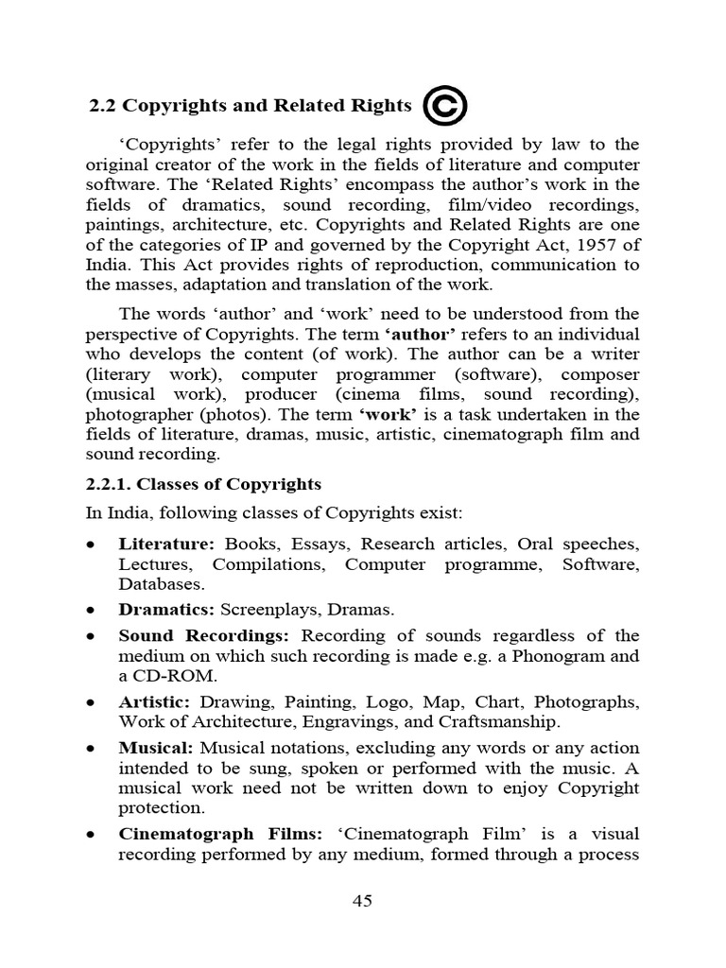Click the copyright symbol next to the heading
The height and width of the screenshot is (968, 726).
tap(444, 105)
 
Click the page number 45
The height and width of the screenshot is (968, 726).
tap(362, 900)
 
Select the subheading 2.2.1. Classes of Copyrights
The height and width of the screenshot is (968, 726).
tap(204, 484)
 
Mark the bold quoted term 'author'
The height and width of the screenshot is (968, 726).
tap(420, 334)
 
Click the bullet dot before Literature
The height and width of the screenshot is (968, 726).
tap(90, 545)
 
